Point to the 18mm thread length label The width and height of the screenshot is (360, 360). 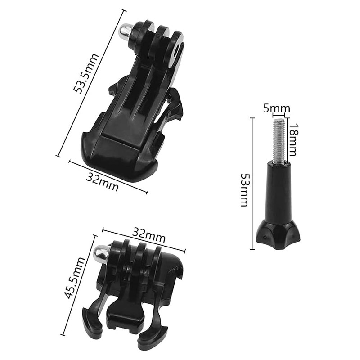(x=293, y=140)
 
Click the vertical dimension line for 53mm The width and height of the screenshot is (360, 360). (x=252, y=183)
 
